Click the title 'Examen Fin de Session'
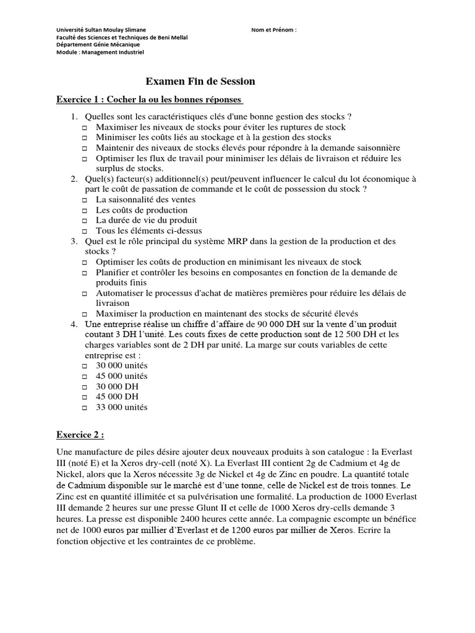point(200,82)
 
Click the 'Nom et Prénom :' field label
point(274,29)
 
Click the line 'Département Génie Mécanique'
point(98,45)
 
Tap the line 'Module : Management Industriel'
point(100,53)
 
